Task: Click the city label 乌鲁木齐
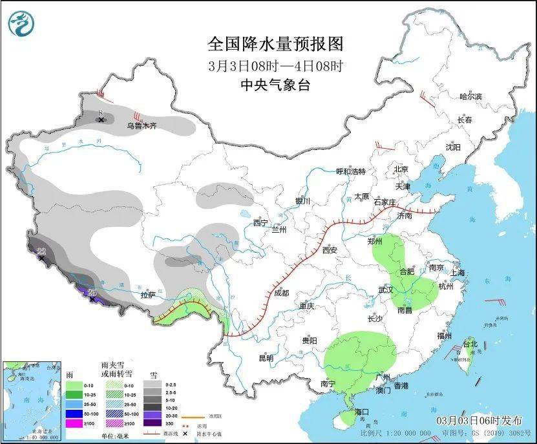click(x=142, y=126)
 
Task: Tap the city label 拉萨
click(x=147, y=295)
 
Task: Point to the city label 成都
click(x=282, y=292)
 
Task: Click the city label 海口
click(x=361, y=412)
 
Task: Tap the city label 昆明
click(x=266, y=357)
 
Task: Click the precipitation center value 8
click(x=101, y=112)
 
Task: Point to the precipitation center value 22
click(x=41, y=251)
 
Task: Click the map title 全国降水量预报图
click(x=275, y=44)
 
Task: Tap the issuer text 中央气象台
click(x=275, y=85)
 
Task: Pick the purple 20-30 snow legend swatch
click(x=153, y=413)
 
